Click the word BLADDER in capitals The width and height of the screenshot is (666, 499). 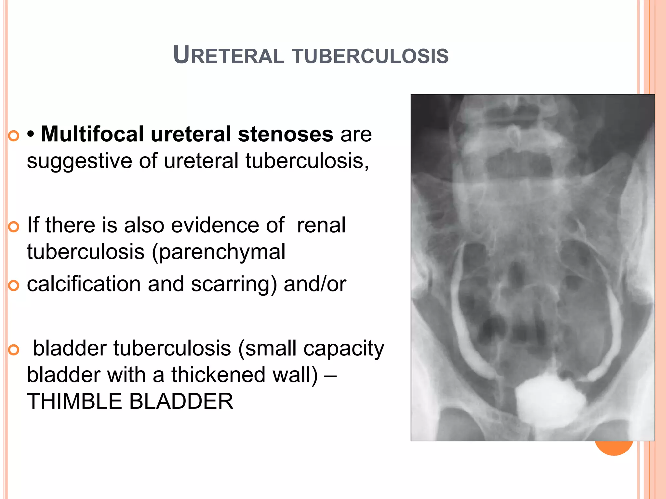point(181,401)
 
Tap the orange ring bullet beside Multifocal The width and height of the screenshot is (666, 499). point(14,135)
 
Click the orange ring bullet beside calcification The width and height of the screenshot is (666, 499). point(14,286)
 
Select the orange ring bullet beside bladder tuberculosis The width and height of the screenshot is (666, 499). point(14,350)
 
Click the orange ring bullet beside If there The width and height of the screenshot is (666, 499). point(14,227)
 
